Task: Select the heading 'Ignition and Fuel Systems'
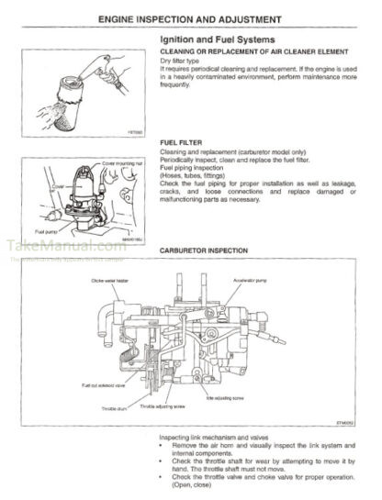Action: pyautogui.click(x=215, y=41)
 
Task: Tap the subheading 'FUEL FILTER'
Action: pyautogui.click(x=179, y=143)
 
